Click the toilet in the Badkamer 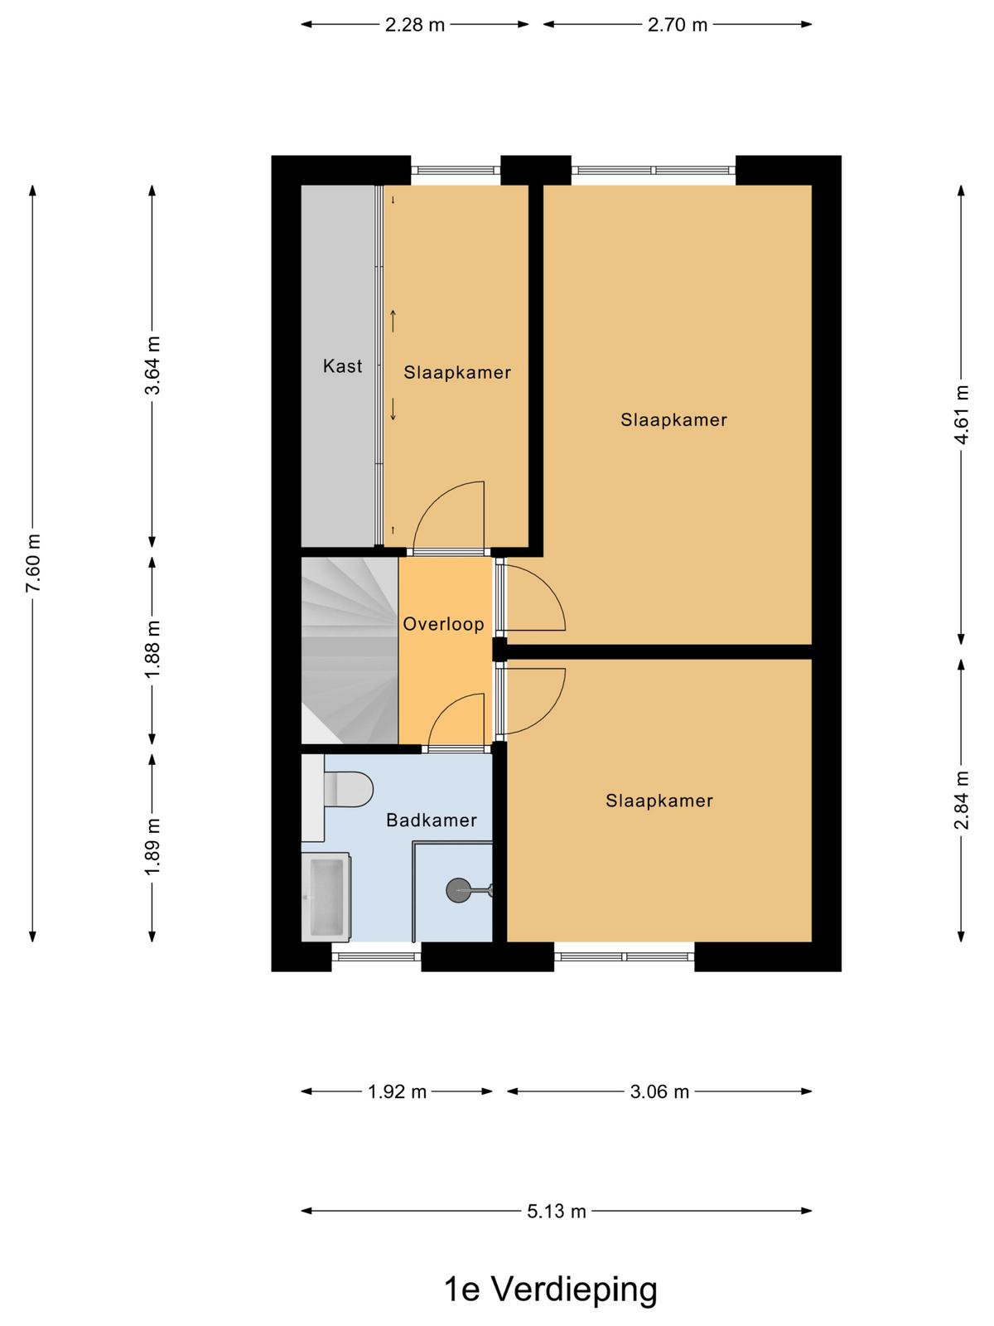(348, 789)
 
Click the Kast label (342, 365)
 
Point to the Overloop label (444, 624)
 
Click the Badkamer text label (432, 820)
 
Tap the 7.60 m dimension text (33, 563)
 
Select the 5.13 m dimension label (557, 1212)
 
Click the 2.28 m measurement (415, 25)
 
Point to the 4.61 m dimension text (962, 414)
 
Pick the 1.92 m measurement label (397, 1091)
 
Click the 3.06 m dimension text (659, 1091)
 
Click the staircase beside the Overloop (350, 651)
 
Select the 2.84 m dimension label (962, 801)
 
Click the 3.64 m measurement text (152, 365)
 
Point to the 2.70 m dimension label (677, 25)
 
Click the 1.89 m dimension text (152, 847)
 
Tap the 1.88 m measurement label (152, 650)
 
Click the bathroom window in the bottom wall (376, 956)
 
